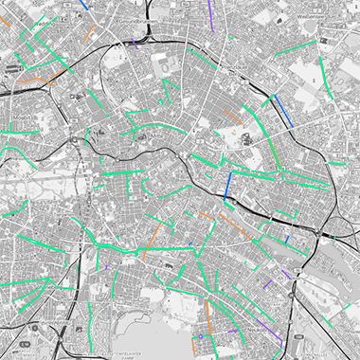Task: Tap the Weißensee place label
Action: click(x=312, y=17)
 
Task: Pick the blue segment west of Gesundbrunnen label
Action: click(x=86, y=5)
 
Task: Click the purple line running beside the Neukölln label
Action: click(x=276, y=327)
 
